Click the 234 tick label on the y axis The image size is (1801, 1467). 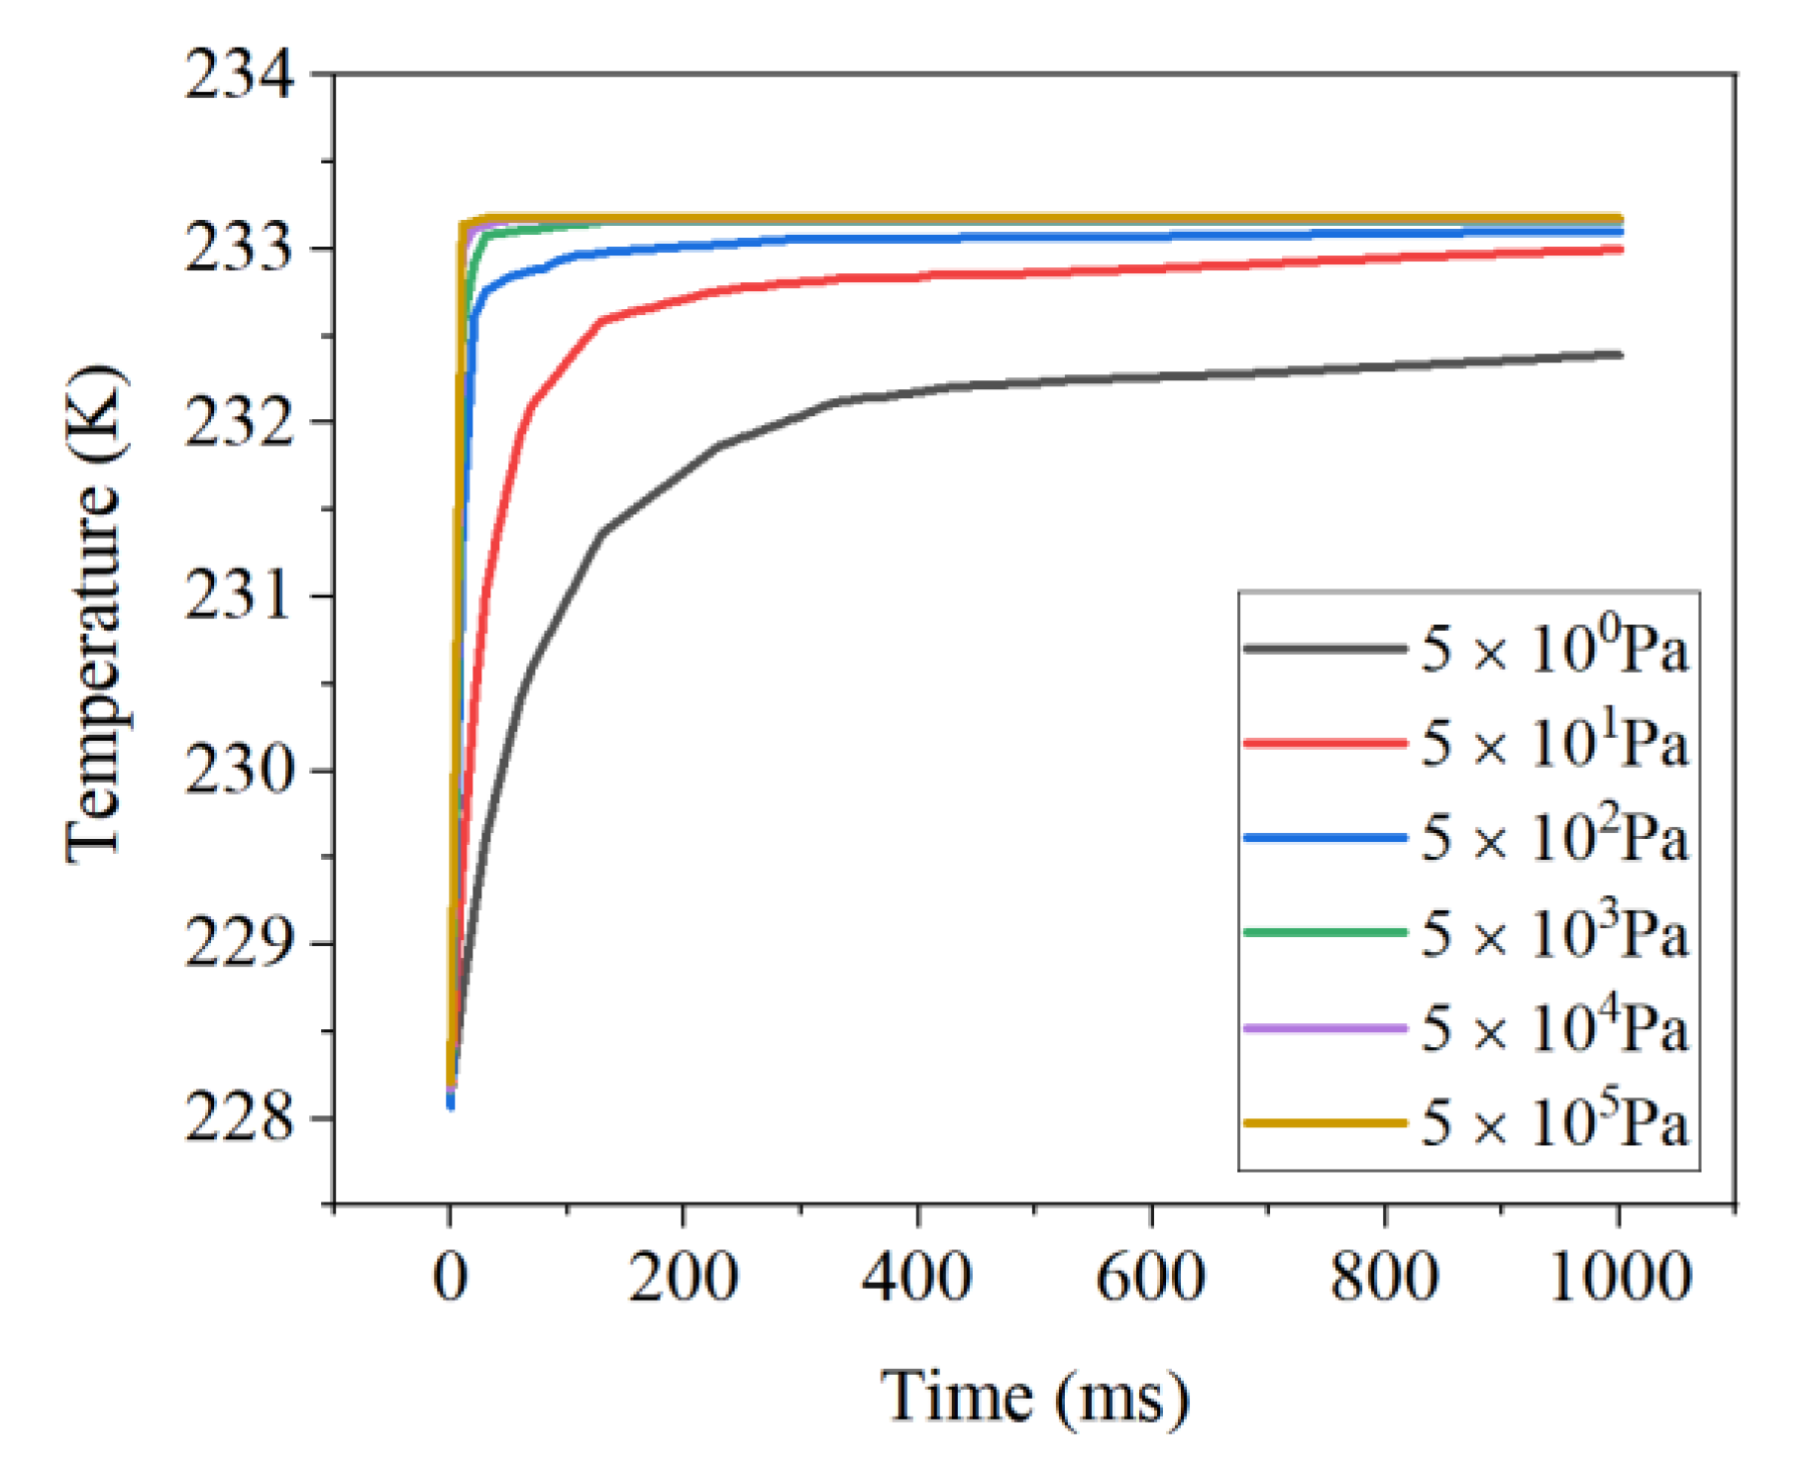pos(240,75)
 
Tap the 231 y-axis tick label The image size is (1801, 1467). pos(240,597)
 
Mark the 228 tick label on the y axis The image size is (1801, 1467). pos(240,1119)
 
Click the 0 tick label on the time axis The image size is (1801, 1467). pos(451,1278)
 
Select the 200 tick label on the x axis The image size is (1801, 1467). pos(684,1278)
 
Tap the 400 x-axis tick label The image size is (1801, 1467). pos(917,1278)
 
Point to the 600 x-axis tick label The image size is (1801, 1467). pos(1151,1278)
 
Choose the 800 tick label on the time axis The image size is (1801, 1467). pos(1385,1278)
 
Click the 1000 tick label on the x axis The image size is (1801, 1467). pos(1619,1278)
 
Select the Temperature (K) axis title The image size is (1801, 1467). pos(95,614)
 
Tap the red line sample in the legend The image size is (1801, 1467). pos(1324,743)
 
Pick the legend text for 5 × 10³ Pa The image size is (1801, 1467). pos(1554,934)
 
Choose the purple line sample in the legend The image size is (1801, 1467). pos(1324,1029)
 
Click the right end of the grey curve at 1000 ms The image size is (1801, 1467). pos(1619,355)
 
